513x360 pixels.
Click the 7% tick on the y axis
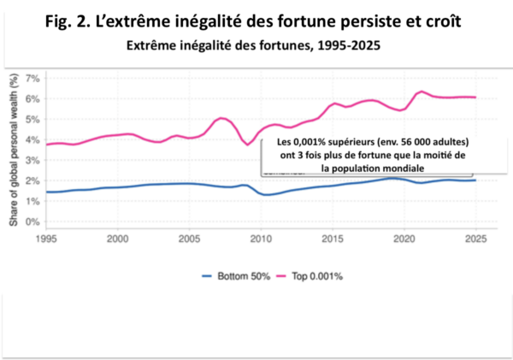(x=32, y=78)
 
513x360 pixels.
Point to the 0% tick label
(x=32, y=221)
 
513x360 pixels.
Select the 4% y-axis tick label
(x=32, y=139)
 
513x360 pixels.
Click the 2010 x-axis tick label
(x=261, y=240)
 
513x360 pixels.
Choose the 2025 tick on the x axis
(x=475, y=240)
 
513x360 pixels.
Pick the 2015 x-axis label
(x=333, y=240)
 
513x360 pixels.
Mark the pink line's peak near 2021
(x=422, y=91)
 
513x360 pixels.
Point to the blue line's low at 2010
(x=267, y=195)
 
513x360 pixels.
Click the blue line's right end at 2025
(x=475, y=180)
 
